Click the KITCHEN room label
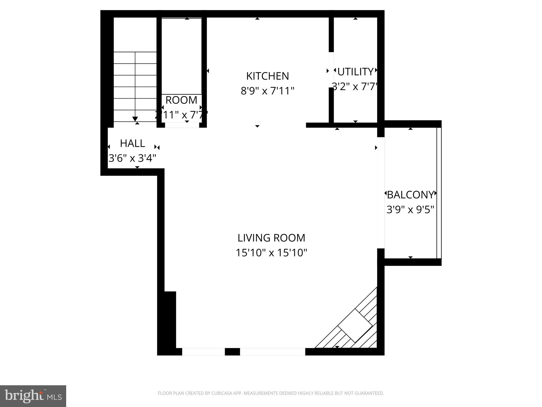[267, 76]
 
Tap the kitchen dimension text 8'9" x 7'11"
[267, 91]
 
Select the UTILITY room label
[355, 72]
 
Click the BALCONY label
[410, 195]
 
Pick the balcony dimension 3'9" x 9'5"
[410, 210]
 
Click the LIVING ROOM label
[271, 238]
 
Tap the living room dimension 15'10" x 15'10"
[271, 253]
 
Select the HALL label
[132, 143]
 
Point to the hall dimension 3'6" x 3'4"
[132, 158]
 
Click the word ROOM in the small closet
[181, 100]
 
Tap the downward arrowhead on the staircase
[135, 119]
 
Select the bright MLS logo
[33, 396]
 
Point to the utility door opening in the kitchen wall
[331, 70]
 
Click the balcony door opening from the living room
[381, 193]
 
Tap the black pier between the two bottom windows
[232, 352]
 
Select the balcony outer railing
[439, 193]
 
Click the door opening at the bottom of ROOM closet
[182, 125]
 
